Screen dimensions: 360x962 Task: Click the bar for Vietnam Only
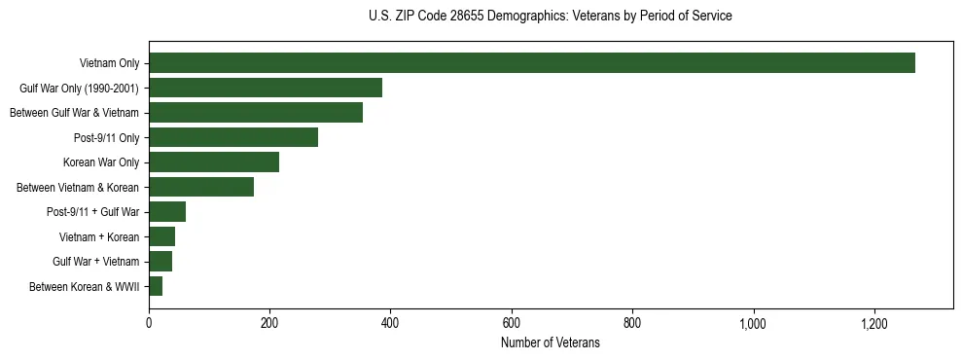pos(531,63)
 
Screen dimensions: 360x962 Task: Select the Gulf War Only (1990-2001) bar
pos(265,88)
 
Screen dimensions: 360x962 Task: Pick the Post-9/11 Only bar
pos(232,137)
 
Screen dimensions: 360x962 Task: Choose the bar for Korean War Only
pos(213,162)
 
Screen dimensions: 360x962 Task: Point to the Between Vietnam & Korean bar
pos(200,187)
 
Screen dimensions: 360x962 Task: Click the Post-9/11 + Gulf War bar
pos(166,212)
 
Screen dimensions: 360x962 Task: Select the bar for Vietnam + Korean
pos(161,236)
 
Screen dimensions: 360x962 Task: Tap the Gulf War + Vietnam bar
pos(160,262)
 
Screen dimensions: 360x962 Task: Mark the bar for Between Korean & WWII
pos(155,286)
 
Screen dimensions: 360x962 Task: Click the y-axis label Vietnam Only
pos(109,63)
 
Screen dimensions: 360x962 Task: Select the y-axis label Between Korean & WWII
pos(84,286)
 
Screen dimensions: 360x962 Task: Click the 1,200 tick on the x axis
pos(874,322)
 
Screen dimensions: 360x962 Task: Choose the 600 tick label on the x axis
pos(512,322)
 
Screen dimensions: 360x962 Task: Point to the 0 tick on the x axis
pos(149,322)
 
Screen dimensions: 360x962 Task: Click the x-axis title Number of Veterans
pos(550,342)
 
